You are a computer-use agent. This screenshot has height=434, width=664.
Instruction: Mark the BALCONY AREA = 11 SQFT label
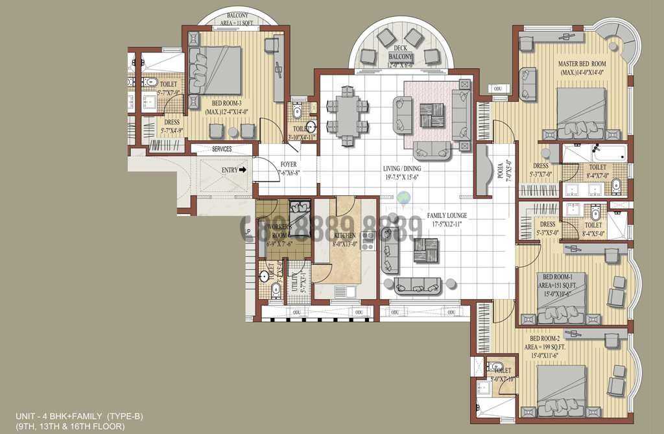pyautogui.click(x=238, y=18)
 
